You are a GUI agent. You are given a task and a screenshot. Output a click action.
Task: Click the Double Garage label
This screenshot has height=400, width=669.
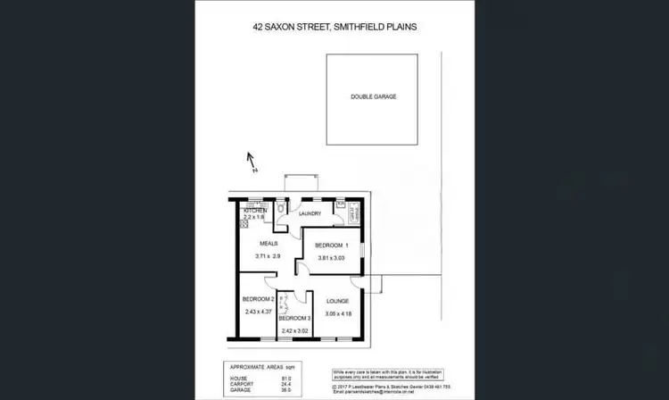(x=373, y=96)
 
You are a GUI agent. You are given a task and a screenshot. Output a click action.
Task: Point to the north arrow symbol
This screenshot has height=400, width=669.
(x=252, y=162)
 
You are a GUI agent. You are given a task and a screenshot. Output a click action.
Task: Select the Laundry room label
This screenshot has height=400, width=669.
(x=310, y=214)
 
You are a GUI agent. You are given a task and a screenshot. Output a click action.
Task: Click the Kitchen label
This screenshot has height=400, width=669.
(x=255, y=211)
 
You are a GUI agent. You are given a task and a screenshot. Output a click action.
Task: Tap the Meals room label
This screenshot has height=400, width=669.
(x=269, y=243)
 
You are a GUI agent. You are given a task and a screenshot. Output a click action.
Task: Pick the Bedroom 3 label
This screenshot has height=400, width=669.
(x=295, y=319)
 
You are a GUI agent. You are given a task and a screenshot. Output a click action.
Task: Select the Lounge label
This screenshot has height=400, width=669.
(x=337, y=301)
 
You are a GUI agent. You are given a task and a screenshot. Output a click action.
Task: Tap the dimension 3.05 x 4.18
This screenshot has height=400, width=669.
(x=337, y=313)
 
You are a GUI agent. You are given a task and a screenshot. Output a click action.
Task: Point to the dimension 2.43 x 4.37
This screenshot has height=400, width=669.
(x=256, y=312)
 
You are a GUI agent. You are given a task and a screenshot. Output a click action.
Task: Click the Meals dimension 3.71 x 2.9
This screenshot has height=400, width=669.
(x=268, y=256)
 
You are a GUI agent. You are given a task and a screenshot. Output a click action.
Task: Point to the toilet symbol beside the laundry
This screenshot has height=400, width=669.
(x=282, y=208)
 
